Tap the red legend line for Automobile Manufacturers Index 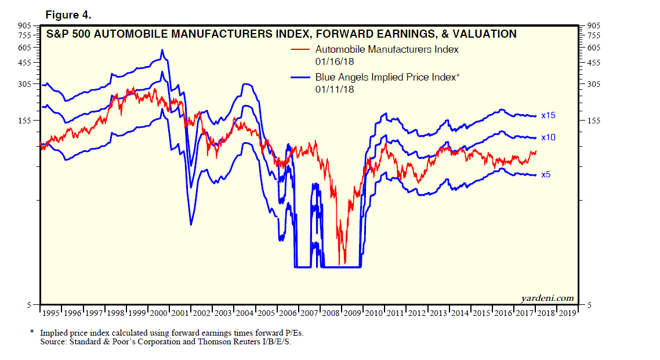click(x=300, y=50)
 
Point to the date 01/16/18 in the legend click(x=335, y=61)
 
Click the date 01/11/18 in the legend click(x=335, y=89)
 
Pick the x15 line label click(x=548, y=116)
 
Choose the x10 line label click(x=548, y=137)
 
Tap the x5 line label click(x=546, y=174)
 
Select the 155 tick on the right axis click(x=594, y=121)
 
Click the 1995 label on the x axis click(x=51, y=314)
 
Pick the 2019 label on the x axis click(x=568, y=314)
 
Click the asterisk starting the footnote click(x=32, y=333)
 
